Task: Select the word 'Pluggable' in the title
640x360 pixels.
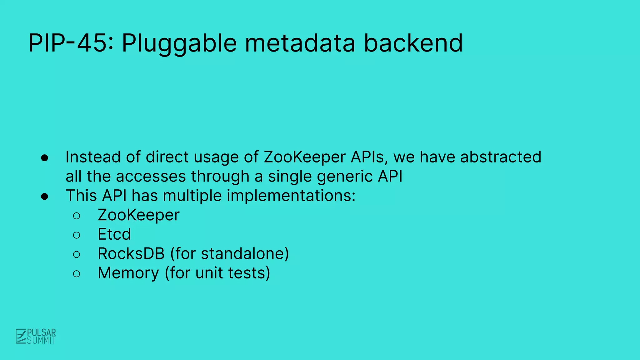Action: click(x=179, y=44)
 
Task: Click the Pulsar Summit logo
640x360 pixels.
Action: click(x=36, y=336)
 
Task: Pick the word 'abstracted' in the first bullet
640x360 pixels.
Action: click(x=501, y=157)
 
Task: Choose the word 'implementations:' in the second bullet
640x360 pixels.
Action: click(x=291, y=196)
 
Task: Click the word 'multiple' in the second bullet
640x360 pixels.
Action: click(x=192, y=196)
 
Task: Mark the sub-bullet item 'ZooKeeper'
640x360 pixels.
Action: click(x=138, y=215)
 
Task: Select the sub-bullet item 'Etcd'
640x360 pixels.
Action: click(x=114, y=234)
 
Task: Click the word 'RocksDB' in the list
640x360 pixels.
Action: click(x=131, y=253)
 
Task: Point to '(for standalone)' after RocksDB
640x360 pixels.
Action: click(x=229, y=254)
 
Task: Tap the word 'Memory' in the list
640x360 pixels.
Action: click(x=128, y=273)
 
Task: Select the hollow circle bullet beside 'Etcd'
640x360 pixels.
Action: click(x=77, y=235)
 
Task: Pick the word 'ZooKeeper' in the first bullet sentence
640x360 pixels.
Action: click(x=305, y=157)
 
